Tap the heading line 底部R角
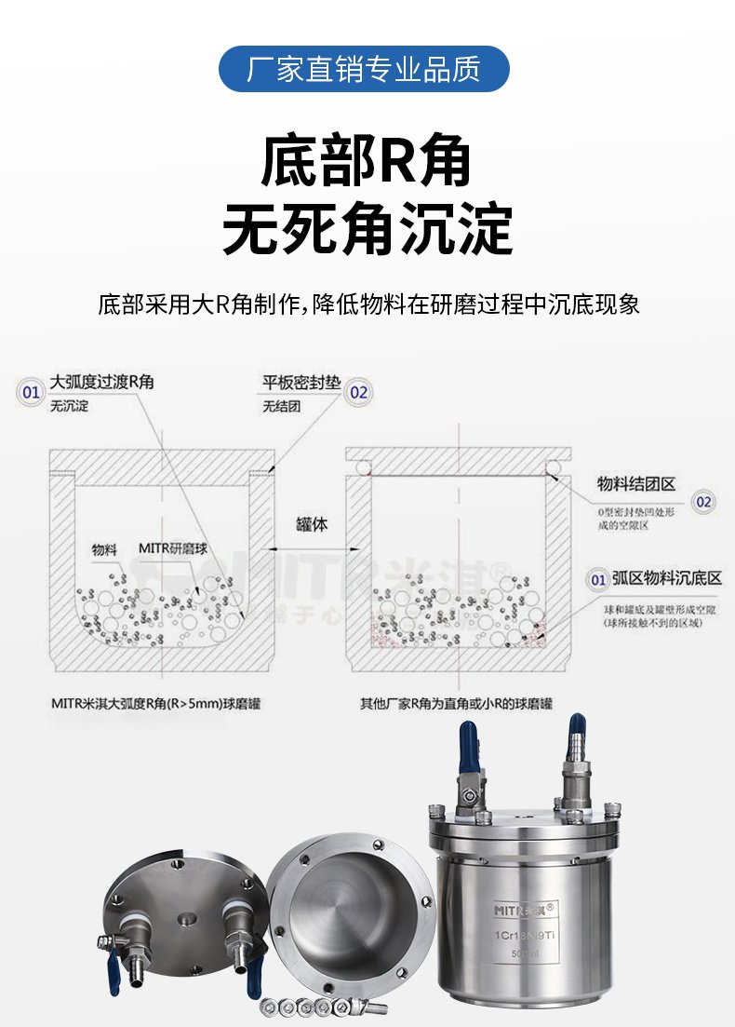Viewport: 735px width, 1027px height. [x=367, y=161]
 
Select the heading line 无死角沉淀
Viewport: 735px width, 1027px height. [x=367, y=228]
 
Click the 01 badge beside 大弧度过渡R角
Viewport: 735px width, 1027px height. [x=32, y=392]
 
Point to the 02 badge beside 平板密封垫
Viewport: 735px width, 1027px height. [x=359, y=392]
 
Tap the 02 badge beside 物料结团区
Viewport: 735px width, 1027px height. [x=704, y=502]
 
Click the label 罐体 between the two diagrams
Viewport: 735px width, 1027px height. [x=313, y=525]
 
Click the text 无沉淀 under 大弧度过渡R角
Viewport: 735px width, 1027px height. [x=70, y=407]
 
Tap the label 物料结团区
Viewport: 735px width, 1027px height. [x=635, y=484]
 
